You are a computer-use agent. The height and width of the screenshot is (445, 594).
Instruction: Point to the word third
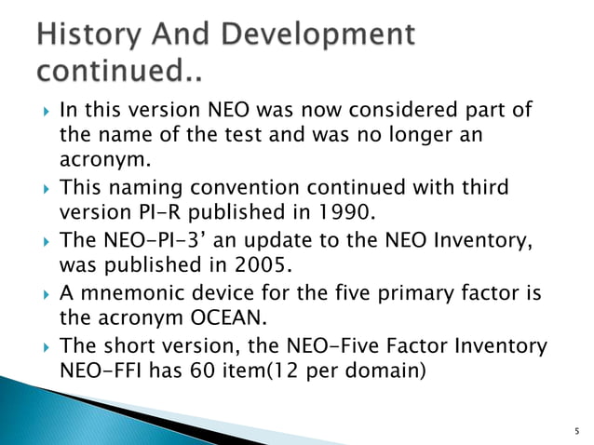point(485,187)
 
